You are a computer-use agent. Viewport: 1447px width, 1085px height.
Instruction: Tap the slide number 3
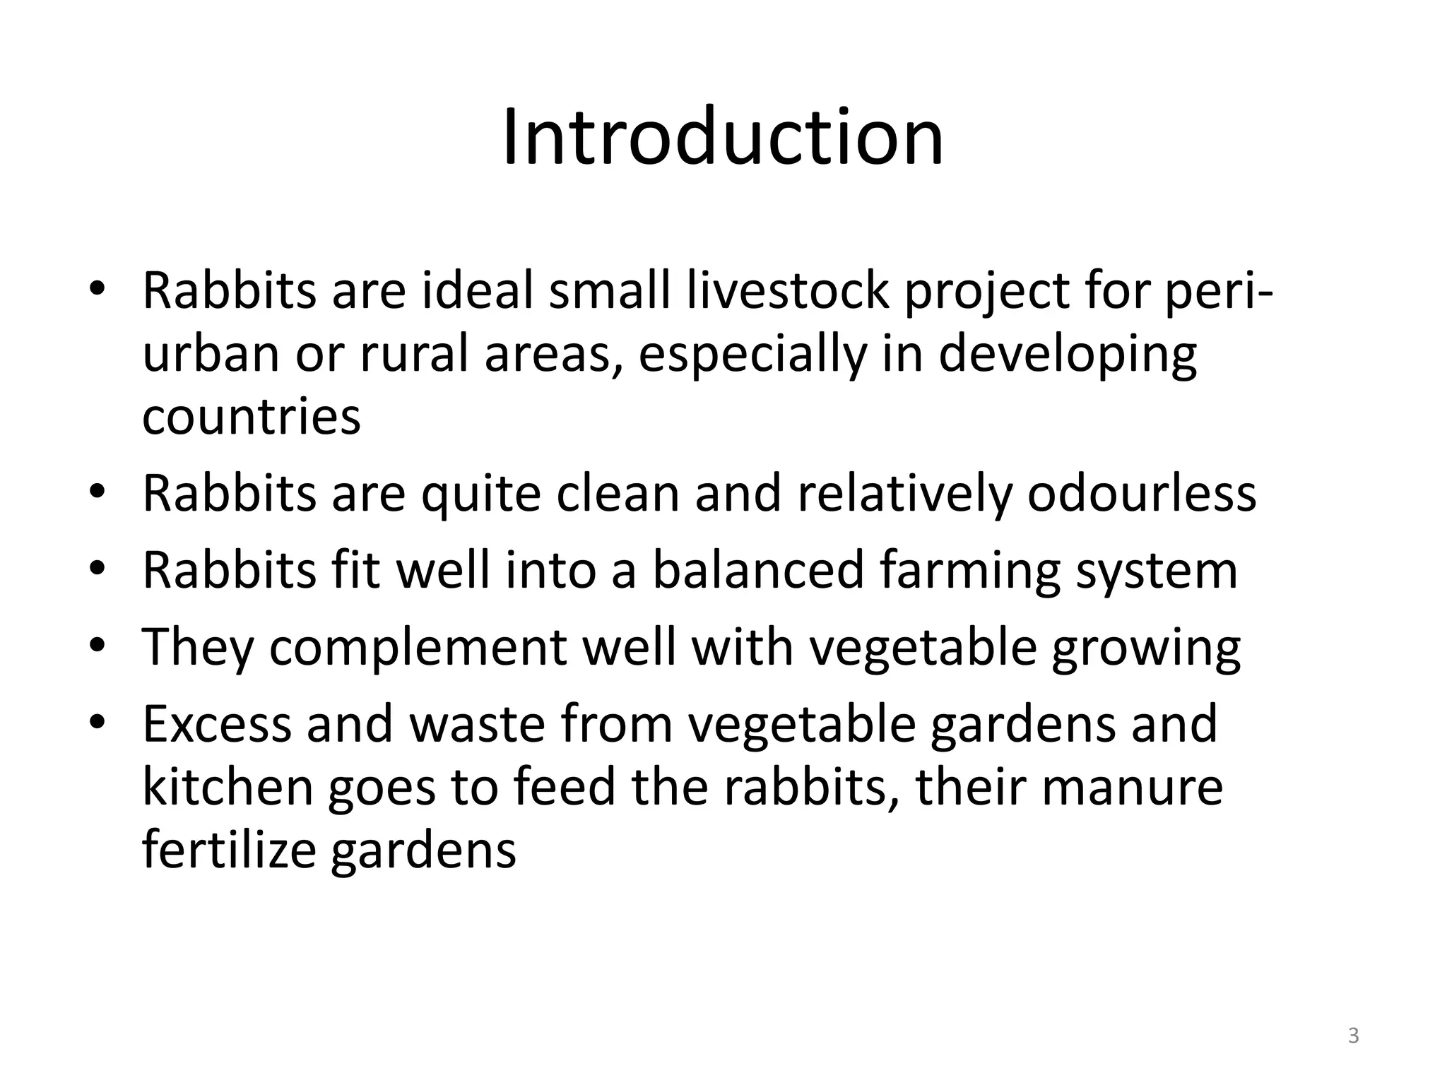tap(1353, 1036)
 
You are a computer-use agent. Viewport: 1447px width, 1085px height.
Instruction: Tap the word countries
tap(252, 417)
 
